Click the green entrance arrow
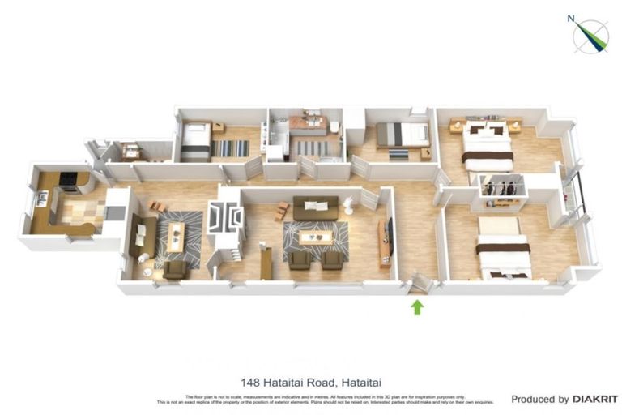coord(417,307)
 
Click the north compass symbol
coord(591,36)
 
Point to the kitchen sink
coord(40,197)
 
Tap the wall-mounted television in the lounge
coord(389,234)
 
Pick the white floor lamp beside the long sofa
coord(348,206)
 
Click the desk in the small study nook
coord(130,151)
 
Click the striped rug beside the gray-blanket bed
coord(231,148)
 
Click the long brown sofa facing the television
coord(315,208)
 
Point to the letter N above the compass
coord(570,18)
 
